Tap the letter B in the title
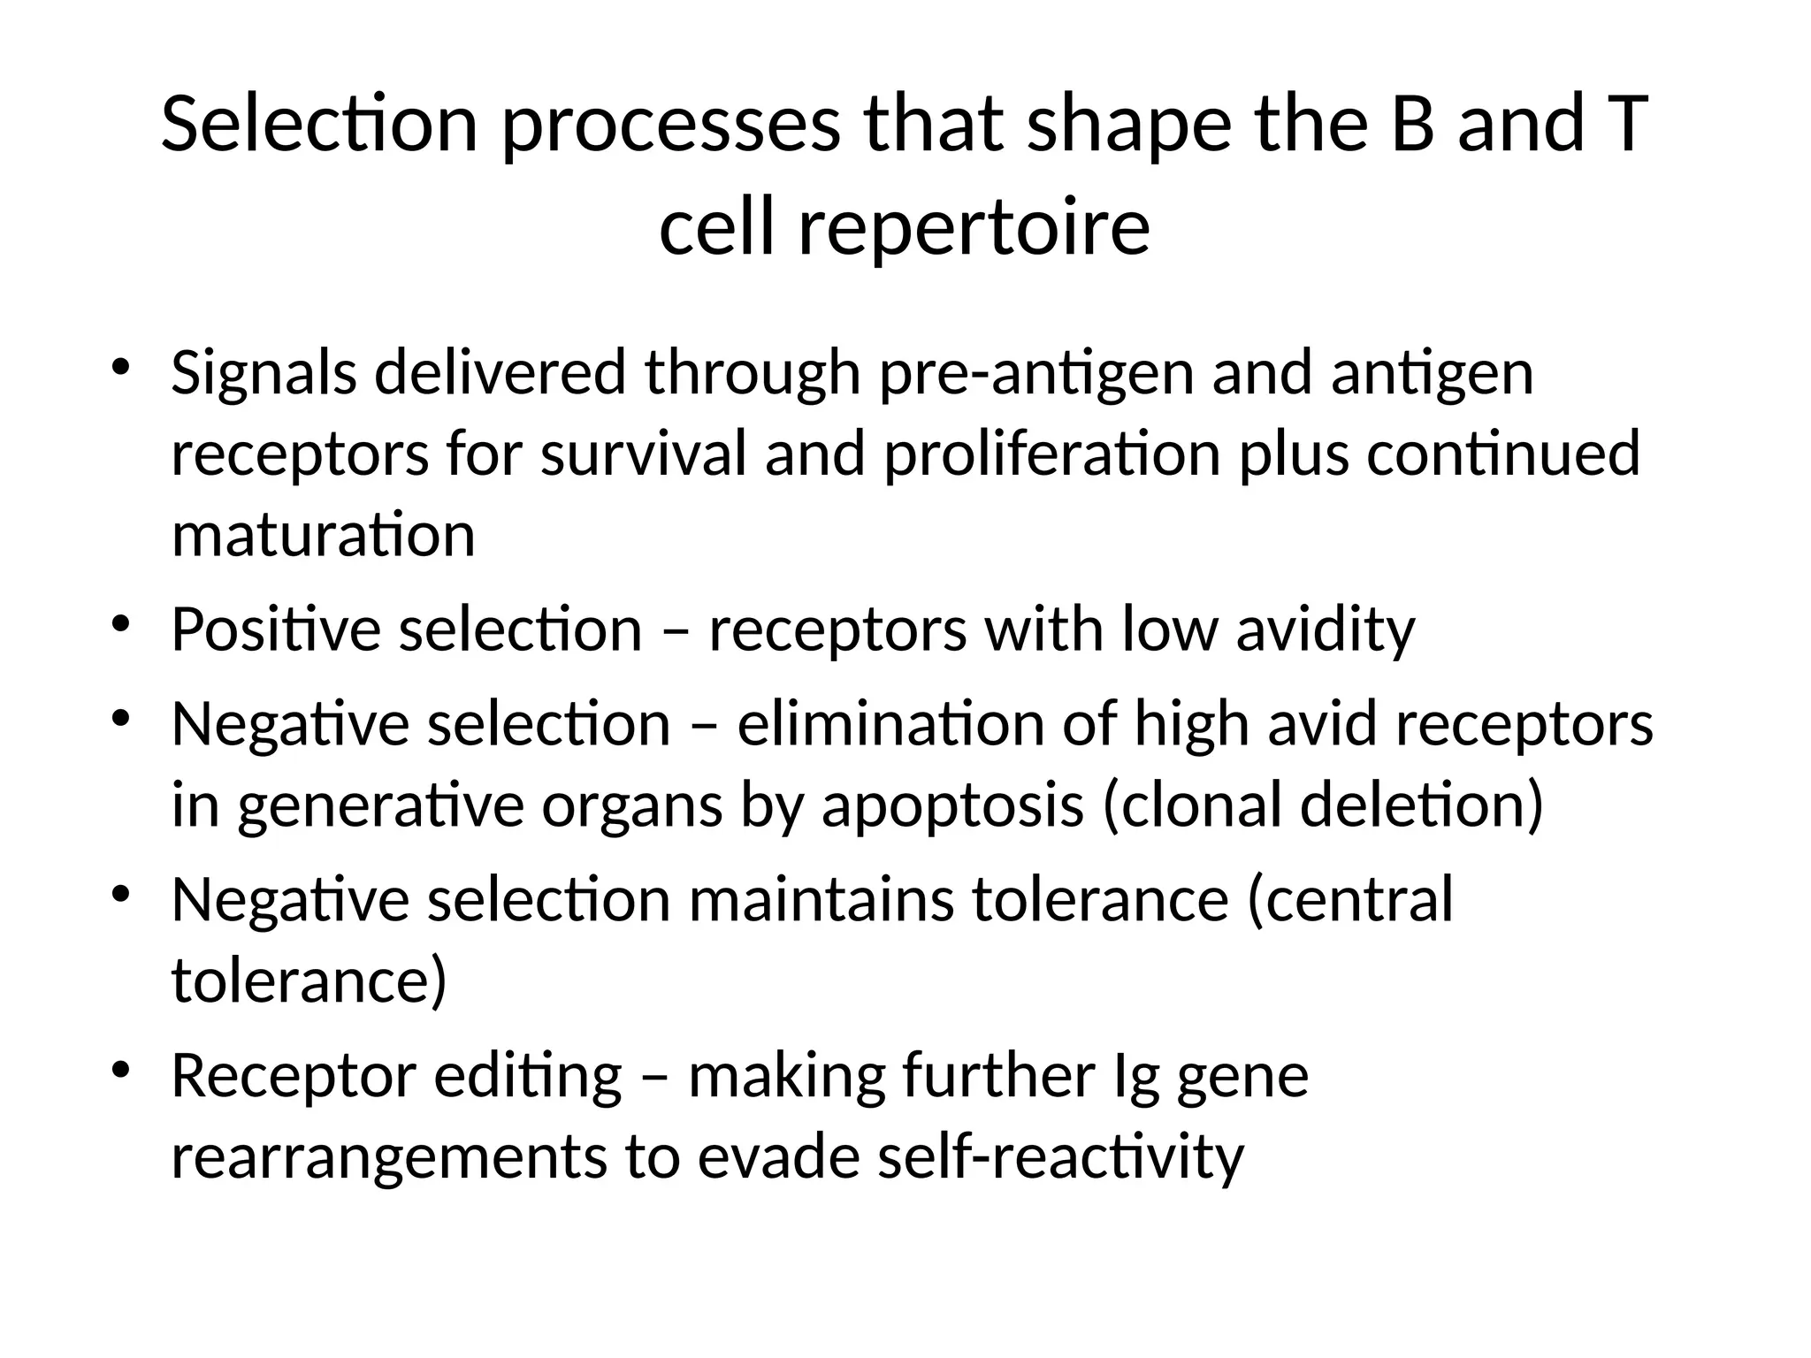pos(1412,124)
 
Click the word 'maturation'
pos(323,536)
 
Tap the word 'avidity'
pos(1325,631)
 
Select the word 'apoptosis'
pos(952,806)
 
